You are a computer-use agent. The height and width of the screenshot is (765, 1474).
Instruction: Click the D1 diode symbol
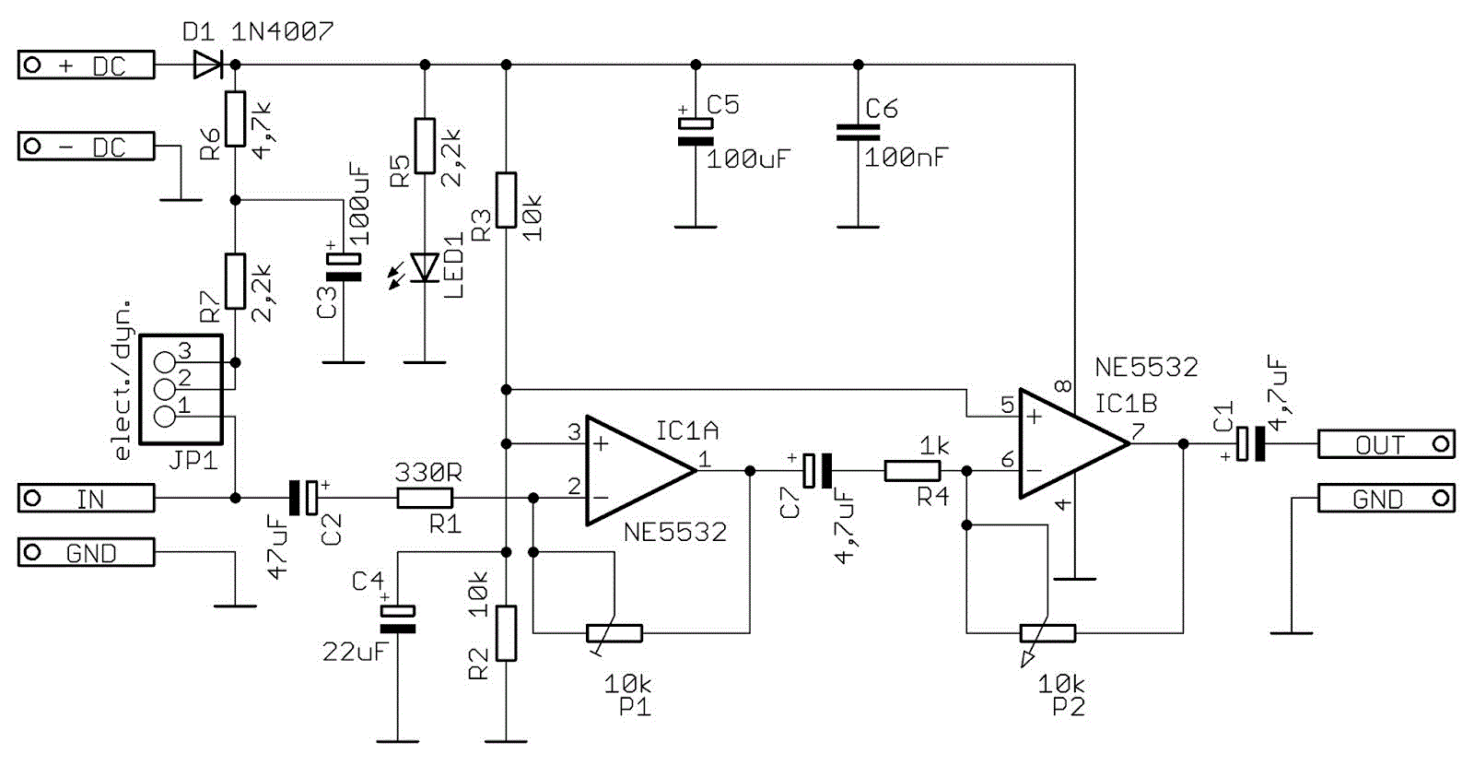pyautogui.click(x=208, y=65)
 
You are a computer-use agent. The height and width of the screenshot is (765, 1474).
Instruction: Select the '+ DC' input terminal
pyautogui.click(x=87, y=65)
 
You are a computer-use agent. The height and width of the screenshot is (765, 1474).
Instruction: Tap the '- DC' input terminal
pyautogui.click(x=87, y=147)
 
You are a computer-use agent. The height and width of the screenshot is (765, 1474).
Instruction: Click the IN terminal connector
pyautogui.click(x=87, y=499)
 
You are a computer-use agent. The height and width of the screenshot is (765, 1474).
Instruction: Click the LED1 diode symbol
pyautogui.click(x=425, y=267)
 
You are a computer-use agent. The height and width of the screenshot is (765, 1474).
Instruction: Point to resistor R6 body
pyautogui.click(x=235, y=119)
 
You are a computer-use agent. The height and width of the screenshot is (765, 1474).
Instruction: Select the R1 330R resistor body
pyautogui.click(x=425, y=499)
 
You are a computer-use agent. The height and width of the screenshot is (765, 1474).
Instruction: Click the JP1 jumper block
pyautogui.click(x=181, y=389)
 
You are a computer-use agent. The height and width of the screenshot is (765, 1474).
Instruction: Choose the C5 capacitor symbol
pyautogui.click(x=696, y=133)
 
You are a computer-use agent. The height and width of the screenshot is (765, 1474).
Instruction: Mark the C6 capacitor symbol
pyautogui.click(x=858, y=133)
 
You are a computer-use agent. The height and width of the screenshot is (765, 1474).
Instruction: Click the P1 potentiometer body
pyautogui.click(x=614, y=633)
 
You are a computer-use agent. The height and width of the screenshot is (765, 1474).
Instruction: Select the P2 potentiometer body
pyautogui.click(x=1047, y=633)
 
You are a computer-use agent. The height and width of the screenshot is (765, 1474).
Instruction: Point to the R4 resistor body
pyautogui.click(x=912, y=471)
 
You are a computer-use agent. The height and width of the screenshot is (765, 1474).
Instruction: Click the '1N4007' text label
pyautogui.click(x=282, y=32)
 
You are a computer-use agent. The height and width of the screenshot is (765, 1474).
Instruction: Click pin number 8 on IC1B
pyautogui.click(x=1064, y=386)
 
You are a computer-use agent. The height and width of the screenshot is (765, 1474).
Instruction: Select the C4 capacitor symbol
pyautogui.click(x=398, y=619)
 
